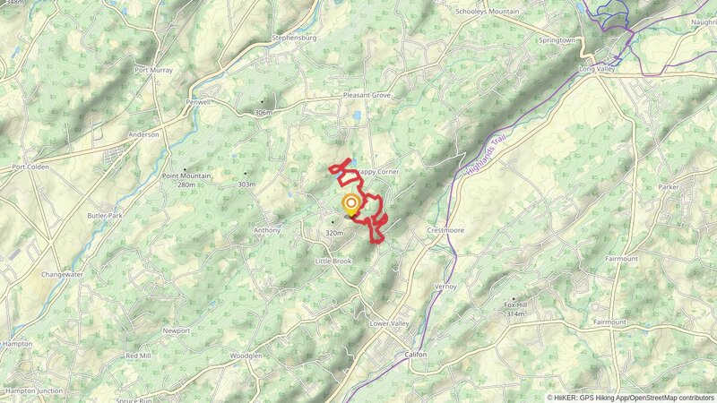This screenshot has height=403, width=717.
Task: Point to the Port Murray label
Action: click(153, 70)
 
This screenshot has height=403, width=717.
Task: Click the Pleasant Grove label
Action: click(368, 95)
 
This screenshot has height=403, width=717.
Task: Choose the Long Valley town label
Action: click(600, 68)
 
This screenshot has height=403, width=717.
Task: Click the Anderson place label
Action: click(144, 134)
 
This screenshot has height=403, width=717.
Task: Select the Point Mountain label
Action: click(186, 176)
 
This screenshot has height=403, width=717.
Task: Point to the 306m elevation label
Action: click(262, 113)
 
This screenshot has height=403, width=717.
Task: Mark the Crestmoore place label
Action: click(445, 230)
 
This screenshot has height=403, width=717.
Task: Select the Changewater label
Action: click(62, 275)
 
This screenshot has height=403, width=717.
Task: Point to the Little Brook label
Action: click(333, 261)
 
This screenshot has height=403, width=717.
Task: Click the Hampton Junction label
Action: click(34, 390)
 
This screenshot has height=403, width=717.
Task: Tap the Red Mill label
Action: click(139, 356)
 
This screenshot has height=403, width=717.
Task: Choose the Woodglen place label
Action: click(246, 356)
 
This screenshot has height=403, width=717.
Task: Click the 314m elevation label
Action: click(515, 314)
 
